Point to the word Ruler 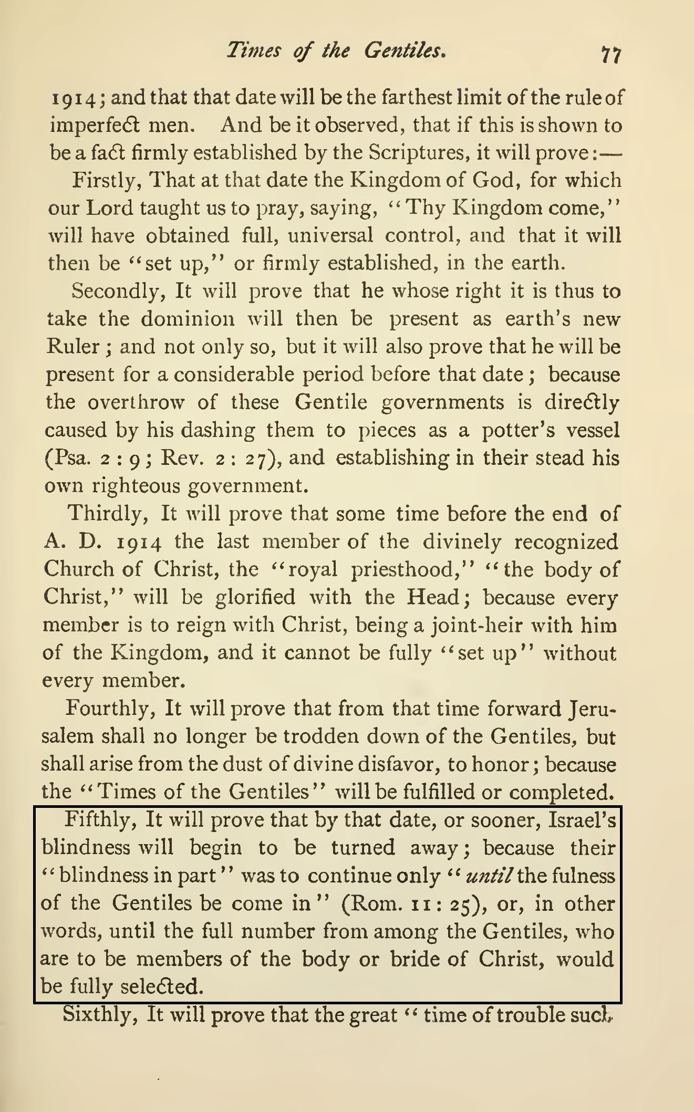point(72,347)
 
